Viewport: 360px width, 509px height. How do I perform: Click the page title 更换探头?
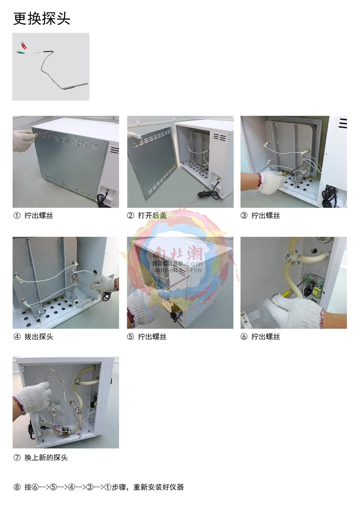(x=42, y=19)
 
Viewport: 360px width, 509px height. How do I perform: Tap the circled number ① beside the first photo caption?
(x=17, y=215)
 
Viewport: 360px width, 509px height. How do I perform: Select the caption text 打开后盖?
(x=152, y=215)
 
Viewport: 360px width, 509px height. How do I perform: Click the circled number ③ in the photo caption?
(x=244, y=215)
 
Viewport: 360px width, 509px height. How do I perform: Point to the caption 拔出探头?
(x=39, y=337)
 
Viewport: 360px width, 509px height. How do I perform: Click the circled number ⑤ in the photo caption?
(x=130, y=337)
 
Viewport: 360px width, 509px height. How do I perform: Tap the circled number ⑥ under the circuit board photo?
(x=244, y=337)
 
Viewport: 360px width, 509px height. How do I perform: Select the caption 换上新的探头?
(x=46, y=457)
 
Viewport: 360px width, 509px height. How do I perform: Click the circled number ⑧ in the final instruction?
(x=17, y=487)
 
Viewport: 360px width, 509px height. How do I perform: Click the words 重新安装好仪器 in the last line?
(x=159, y=487)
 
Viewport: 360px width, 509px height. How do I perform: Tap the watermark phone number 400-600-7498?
(x=178, y=270)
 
